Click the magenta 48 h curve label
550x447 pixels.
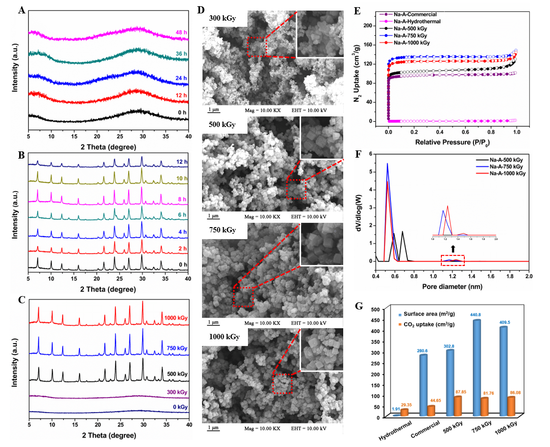180,33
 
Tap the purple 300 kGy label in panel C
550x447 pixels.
177,392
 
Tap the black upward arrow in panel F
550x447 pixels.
453,249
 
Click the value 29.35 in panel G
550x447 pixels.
406,405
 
